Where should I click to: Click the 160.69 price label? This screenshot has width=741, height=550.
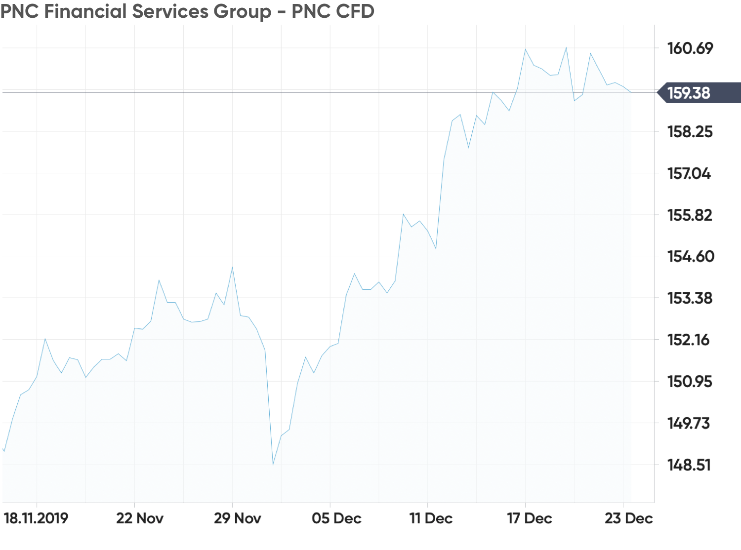click(690, 48)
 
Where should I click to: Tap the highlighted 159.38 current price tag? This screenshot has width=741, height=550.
click(699, 93)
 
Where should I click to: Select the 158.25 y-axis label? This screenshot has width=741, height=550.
click(690, 132)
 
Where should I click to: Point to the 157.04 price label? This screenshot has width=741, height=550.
click(689, 174)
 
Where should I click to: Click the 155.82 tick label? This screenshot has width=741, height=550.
click(690, 215)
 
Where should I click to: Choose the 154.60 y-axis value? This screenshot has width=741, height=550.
click(691, 256)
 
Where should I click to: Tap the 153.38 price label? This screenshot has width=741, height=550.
click(690, 298)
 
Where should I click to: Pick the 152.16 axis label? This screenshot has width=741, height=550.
click(689, 340)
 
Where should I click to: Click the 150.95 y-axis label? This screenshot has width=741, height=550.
click(690, 382)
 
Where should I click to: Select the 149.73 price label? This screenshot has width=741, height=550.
click(689, 424)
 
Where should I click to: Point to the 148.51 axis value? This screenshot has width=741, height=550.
click(689, 465)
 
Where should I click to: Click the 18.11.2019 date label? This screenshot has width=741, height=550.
click(36, 518)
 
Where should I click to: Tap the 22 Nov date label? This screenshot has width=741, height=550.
click(140, 518)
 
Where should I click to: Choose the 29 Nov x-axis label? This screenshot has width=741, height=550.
click(237, 518)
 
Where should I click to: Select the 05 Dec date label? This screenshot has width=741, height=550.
click(336, 518)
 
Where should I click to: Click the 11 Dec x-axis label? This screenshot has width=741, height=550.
click(431, 518)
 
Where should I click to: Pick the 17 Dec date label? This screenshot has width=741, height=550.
click(530, 518)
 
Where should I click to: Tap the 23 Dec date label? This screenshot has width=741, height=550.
click(629, 518)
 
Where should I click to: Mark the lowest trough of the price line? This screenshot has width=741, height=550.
click(273, 465)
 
